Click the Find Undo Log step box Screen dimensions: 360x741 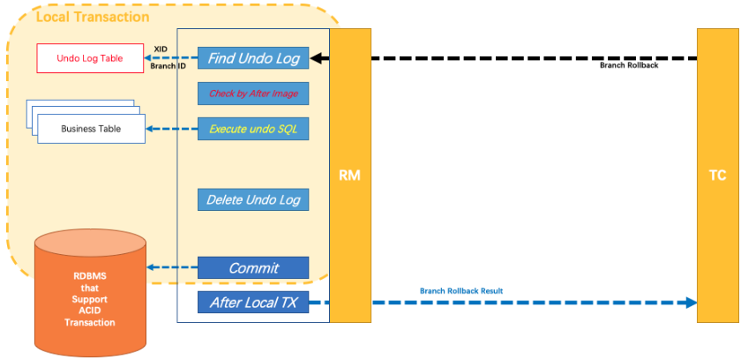253,58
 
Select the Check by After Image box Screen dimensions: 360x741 253,94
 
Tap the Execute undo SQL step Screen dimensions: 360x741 253,129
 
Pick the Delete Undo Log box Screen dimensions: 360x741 253,199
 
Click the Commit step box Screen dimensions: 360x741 253,267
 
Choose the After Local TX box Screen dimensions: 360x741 253,303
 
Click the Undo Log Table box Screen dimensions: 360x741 89,58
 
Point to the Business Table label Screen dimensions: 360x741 90,130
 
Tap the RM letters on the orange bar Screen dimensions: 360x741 349,176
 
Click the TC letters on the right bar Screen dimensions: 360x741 717,176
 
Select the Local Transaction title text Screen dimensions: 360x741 93,17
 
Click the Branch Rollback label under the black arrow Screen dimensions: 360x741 628,65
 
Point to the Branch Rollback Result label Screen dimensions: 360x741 461,290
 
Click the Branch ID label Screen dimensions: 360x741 168,66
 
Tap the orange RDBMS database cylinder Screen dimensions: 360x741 89,291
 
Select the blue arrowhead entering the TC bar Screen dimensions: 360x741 690,303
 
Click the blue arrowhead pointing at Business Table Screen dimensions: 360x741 150,129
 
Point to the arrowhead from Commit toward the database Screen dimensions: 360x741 150,267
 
